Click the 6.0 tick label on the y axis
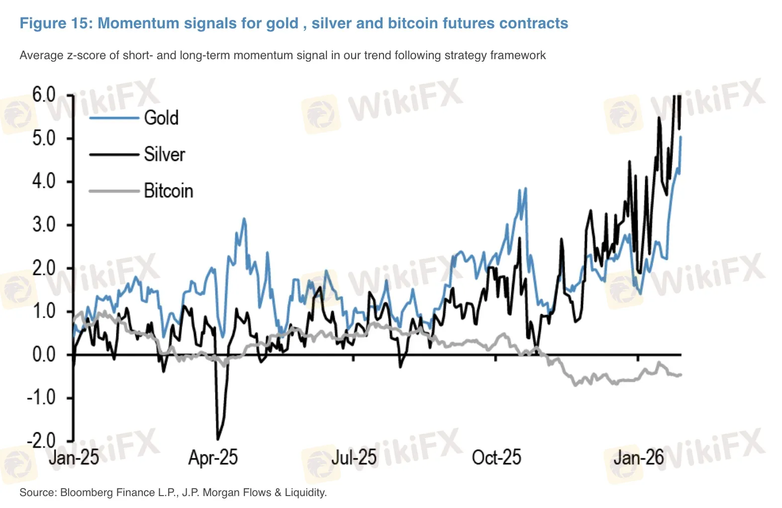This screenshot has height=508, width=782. click(x=44, y=94)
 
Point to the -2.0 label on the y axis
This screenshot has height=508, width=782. click(x=41, y=441)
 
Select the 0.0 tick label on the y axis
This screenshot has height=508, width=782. click(x=44, y=355)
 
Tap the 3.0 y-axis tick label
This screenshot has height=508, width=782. click(x=44, y=225)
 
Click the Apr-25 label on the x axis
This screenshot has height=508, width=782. click(x=213, y=458)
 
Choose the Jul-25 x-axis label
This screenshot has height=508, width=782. click(x=354, y=458)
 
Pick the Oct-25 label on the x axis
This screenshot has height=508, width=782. click(x=496, y=458)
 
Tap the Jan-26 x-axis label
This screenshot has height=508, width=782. click(x=638, y=458)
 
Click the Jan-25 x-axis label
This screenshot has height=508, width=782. click(x=74, y=458)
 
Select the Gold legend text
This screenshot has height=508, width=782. click(x=161, y=118)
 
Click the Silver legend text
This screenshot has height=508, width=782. click(x=164, y=155)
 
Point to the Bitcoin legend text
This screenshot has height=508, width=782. click(x=168, y=191)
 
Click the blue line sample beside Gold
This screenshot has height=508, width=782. click(x=114, y=118)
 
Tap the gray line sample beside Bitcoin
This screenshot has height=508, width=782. click(x=114, y=191)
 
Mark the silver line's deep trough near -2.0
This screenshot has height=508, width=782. click(x=217, y=438)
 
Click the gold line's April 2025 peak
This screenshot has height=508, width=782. click(x=244, y=219)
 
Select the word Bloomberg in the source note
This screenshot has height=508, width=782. click(x=83, y=493)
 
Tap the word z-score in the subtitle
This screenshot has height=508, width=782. click(x=85, y=55)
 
